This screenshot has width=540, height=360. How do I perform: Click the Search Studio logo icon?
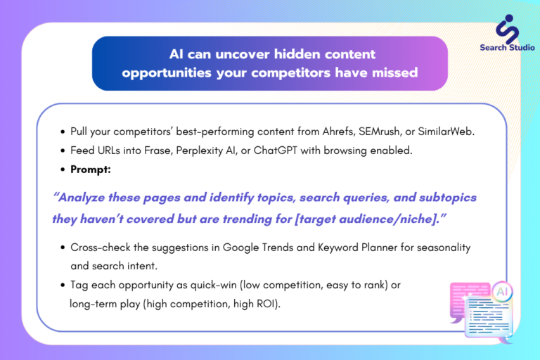(507, 29)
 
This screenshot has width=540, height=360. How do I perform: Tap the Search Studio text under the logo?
(507, 48)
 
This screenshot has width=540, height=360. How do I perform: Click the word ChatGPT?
(275, 150)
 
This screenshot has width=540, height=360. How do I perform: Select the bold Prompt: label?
(91, 169)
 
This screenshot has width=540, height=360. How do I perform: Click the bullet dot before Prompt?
(63, 169)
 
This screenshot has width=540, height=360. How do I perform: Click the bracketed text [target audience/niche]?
(367, 219)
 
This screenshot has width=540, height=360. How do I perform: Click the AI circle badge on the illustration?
(502, 292)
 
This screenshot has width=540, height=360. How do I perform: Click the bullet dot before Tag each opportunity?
(63, 285)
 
